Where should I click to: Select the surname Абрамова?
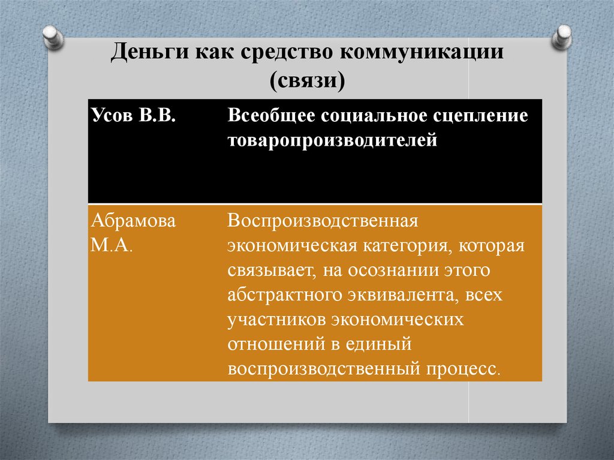coord(133,221)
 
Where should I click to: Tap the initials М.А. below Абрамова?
coord(112,246)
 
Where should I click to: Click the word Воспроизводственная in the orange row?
coord(321,221)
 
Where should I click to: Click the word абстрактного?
coord(284,295)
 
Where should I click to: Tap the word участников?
coord(273,320)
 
